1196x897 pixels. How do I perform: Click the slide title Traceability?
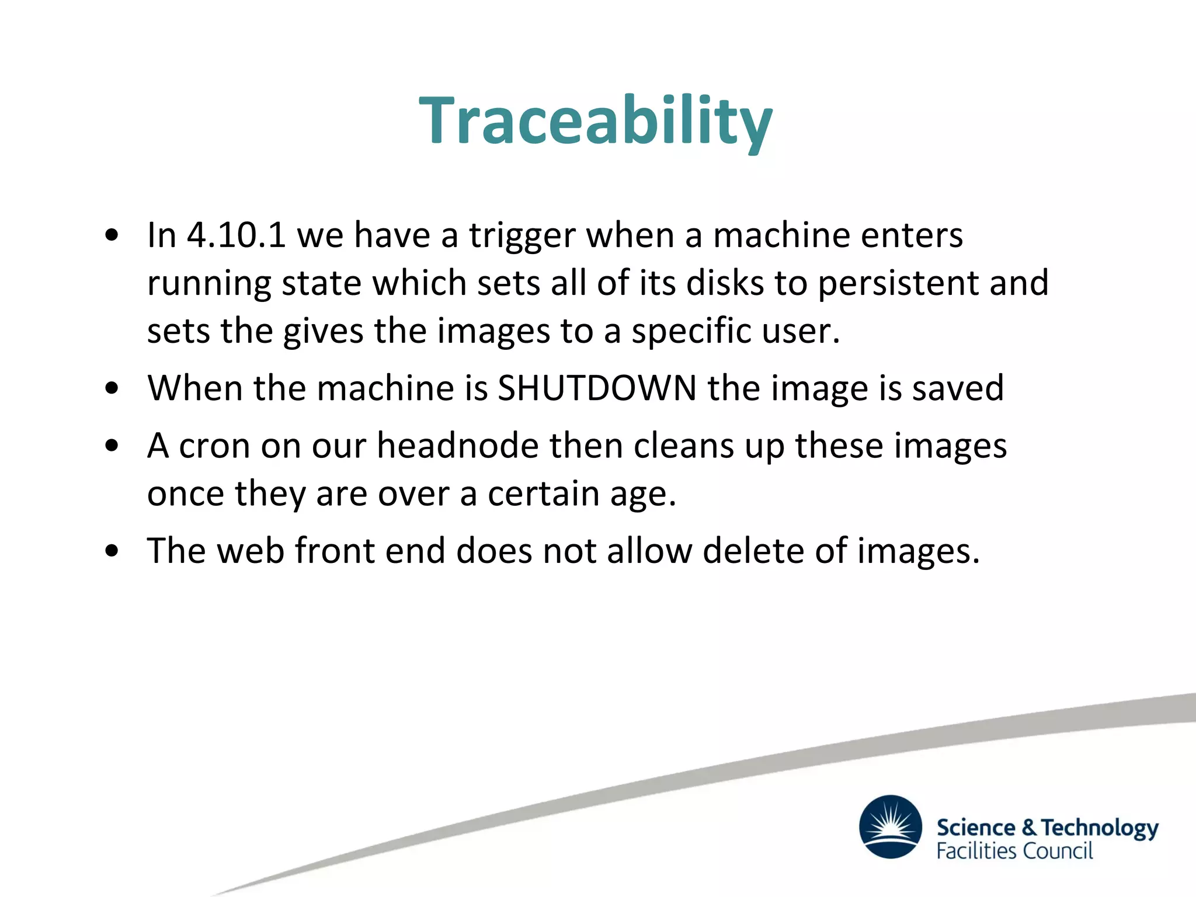click(x=596, y=121)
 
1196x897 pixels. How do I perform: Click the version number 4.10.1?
click(x=236, y=235)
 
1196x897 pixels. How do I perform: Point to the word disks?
click(x=725, y=283)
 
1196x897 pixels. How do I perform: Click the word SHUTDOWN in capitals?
click(x=597, y=388)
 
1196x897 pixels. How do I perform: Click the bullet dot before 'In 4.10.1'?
click(x=112, y=236)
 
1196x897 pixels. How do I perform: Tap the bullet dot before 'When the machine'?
click(x=112, y=388)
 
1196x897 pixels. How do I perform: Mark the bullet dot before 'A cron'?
click(x=112, y=446)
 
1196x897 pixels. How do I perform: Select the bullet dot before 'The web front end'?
click(x=112, y=551)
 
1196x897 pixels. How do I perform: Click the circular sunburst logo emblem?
click(x=891, y=826)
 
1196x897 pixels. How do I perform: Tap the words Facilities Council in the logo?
click(x=1014, y=851)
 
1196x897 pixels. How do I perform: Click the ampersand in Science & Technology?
click(x=1029, y=827)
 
